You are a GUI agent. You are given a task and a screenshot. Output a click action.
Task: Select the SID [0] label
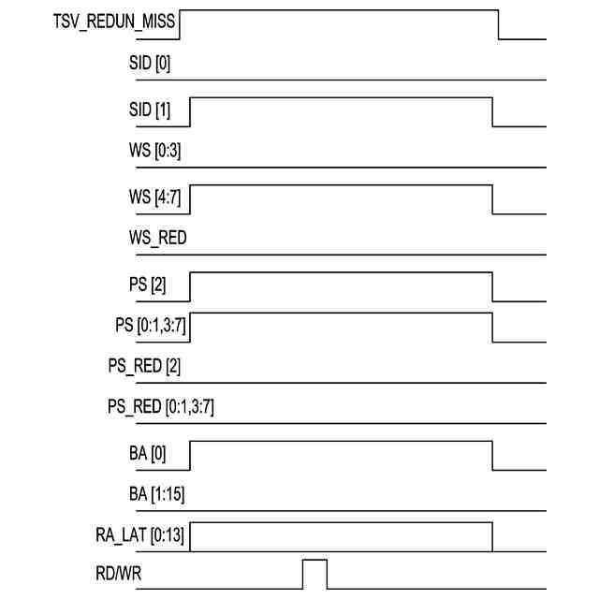tap(149, 65)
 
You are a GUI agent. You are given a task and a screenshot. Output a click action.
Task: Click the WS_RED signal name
tap(157, 239)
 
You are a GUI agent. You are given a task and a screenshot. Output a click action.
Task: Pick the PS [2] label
tap(147, 285)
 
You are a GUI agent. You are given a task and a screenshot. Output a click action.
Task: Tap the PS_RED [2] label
tap(144, 366)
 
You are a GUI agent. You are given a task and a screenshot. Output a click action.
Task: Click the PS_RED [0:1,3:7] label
tap(162, 407)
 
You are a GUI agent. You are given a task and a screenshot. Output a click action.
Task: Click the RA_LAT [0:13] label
tap(139, 535)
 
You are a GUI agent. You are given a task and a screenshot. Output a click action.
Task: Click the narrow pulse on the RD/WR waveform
tap(314, 574)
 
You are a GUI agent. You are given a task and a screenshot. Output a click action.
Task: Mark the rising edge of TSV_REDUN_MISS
tap(179, 25)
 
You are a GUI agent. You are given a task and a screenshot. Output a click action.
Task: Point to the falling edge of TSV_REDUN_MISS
tap(498, 25)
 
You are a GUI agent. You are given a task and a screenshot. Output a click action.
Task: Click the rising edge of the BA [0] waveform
tap(191, 456)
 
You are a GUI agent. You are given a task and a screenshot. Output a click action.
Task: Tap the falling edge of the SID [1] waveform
tap(492, 110)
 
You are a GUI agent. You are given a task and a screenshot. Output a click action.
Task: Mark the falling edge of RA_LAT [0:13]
tap(492, 536)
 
